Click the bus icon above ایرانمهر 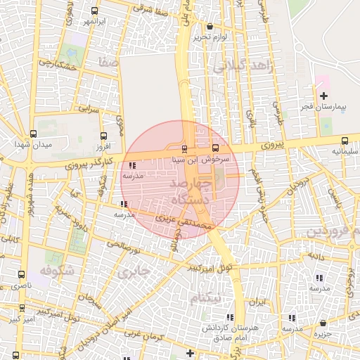(x=95, y=11)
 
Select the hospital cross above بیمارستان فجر (x=323, y=96)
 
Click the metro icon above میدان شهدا (x=33, y=134)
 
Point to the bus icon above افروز (x=104, y=136)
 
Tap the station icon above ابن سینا (x=184, y=149)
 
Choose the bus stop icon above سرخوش (x=215, y=148)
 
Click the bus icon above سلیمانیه (x=345, y=141)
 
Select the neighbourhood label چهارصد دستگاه (x=186, y=191)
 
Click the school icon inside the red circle (x=133, y=166)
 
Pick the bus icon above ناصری (x=21, y=275)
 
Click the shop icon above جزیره (x=323, y=323)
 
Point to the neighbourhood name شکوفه (x=56, y=270)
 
